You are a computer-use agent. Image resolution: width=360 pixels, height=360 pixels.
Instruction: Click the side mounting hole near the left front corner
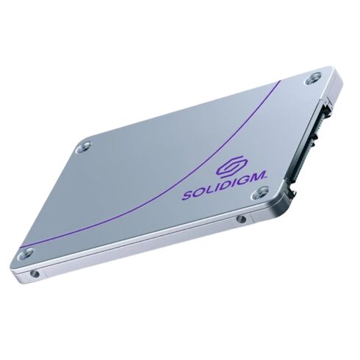pos(32,274)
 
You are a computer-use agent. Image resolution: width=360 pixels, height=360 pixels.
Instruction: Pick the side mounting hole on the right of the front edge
pos(240,219)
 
